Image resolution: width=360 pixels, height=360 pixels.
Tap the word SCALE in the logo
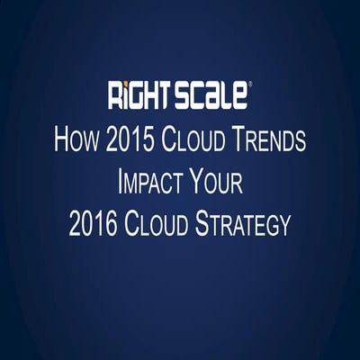click(212, 94)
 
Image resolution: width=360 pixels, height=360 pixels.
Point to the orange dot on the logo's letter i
click(121, 85)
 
